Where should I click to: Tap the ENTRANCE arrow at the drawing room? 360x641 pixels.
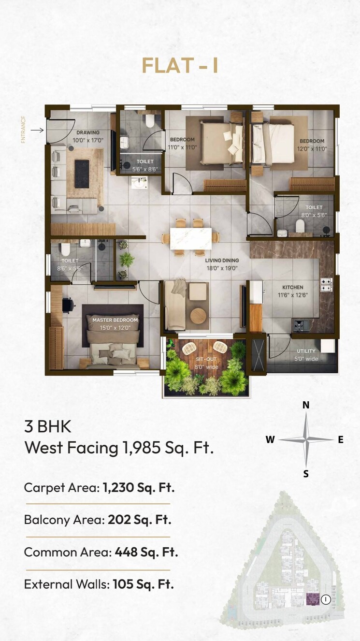point(37,130)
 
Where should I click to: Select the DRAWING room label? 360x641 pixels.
point(87,132)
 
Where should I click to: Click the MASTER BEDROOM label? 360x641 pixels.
point(115,320)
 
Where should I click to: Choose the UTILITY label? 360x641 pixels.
point(306,351)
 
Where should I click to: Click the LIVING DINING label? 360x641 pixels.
point(222,260)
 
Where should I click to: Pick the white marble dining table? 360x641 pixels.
point(190,238)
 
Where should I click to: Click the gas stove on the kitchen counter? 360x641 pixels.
point(327,285)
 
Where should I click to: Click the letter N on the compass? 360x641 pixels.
point(306,405)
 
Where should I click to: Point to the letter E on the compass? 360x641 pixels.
point(341,439)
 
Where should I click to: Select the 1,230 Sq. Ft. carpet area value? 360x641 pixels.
point(139,487)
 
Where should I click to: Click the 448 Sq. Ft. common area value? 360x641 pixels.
point(146,552)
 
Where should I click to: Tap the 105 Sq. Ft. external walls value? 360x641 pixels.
point(143,584)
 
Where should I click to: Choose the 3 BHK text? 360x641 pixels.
point(48,427)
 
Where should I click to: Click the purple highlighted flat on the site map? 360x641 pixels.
point(313,599)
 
